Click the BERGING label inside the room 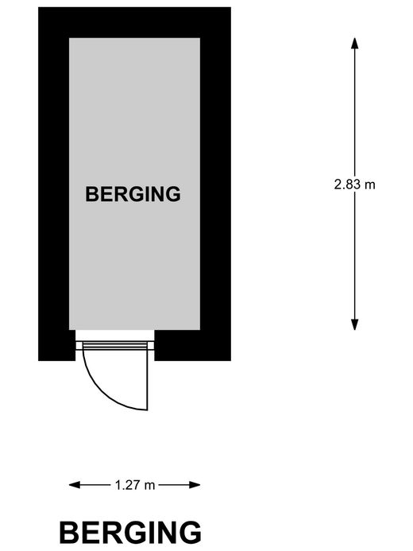tap(133, 194)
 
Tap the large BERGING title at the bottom tap(130, 533)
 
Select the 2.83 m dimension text tap(354, 184)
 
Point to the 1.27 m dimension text tap(135, 485)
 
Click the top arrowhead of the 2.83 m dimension tap(355, 43)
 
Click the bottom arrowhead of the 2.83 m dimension tap(355, 324)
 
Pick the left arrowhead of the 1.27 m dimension tap(75, 485)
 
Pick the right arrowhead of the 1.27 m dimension tap(195, 485)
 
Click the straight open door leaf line tap(148, 380)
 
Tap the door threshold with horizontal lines tap(114, 345)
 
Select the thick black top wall tap(134, 22)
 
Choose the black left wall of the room tap(54, 184)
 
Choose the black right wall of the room tap(215, 184)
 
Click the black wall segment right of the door tap(193, 345)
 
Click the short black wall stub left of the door tap(57, 345)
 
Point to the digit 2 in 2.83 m tap(338, 184)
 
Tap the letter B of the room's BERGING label tap(91, 194)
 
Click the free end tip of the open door tap(148, 409)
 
